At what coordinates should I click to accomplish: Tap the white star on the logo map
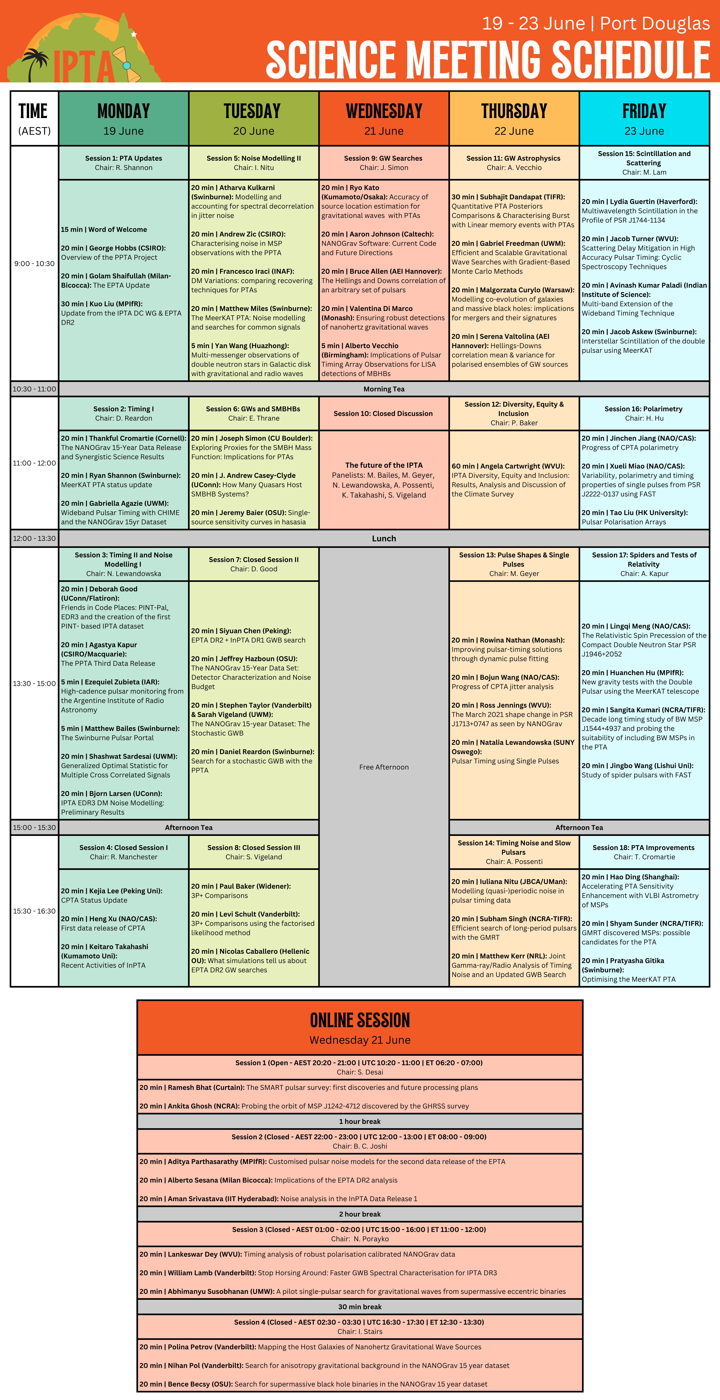point(134,34)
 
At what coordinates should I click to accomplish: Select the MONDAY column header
point(123,111)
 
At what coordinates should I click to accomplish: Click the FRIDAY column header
point(644,111)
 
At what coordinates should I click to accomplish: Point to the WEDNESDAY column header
point(384,111)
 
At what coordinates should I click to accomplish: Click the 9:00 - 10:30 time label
point(34,264)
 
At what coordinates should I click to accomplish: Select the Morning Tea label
point(384,389)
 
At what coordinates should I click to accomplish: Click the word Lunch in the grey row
point(384,539)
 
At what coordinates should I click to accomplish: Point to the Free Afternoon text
point(384,767)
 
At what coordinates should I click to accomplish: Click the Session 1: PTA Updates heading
point(123,158)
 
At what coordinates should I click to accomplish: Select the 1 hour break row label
point(360,1121)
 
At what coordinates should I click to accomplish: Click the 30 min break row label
point(360,1307)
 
